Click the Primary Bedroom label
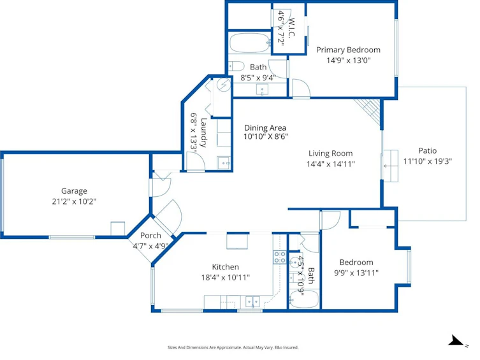(348, 50)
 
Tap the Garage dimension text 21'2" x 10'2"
(74, 201)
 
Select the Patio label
(427, 150)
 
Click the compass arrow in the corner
(456, 340)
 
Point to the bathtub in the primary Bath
(249, 43)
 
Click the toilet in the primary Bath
(236, 66)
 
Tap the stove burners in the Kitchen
(279, 257)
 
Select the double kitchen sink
(253, 302)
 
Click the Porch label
(150, 236)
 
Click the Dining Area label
(265, 128)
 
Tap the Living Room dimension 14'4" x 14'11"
(331, 164)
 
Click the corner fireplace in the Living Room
(369, 112)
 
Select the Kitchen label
(225, 267)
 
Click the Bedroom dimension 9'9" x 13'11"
(356, 273)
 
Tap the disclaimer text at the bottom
(233, 347)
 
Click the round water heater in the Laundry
(224, 85)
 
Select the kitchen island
(237, 241)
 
